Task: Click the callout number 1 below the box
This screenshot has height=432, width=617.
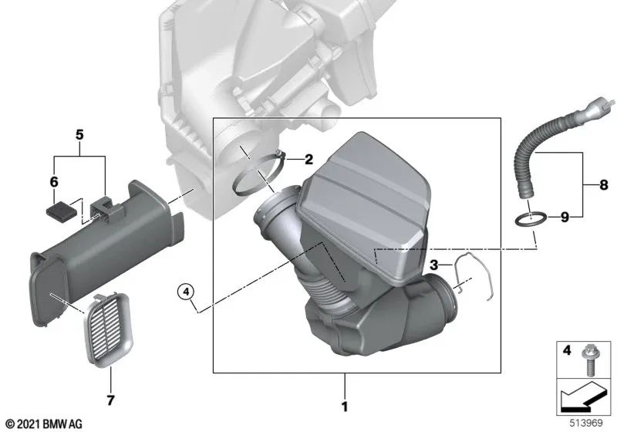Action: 345,406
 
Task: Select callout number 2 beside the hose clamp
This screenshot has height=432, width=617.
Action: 308,160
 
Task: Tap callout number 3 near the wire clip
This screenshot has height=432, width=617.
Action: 434,265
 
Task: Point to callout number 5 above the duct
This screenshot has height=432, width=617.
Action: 79,133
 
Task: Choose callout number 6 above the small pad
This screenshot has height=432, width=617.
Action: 54,182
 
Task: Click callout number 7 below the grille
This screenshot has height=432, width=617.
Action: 110,400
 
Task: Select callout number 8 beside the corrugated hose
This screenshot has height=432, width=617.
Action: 603,185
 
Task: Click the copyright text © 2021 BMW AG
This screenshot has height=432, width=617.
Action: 43,423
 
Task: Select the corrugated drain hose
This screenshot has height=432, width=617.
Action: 531,163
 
